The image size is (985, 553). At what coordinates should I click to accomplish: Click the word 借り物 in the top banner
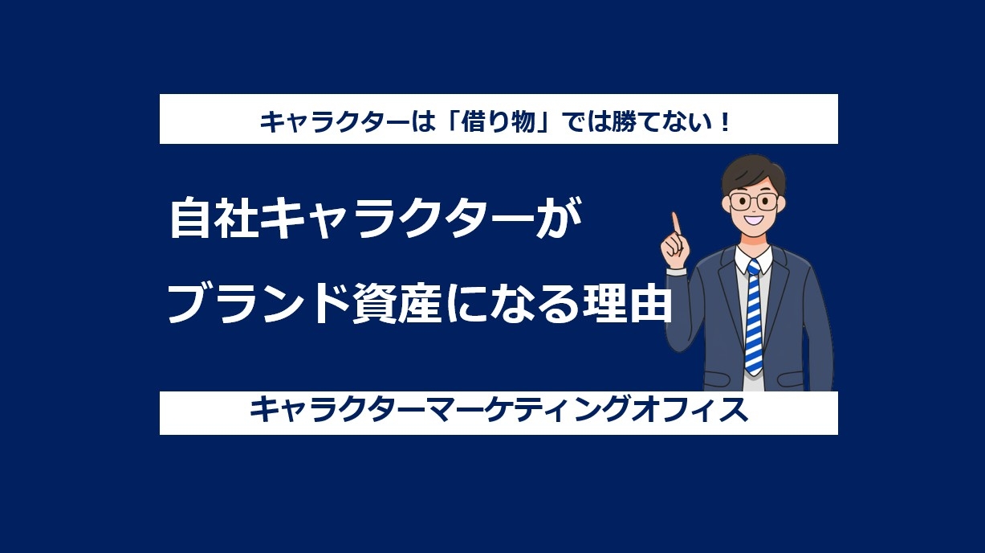coord(498,121)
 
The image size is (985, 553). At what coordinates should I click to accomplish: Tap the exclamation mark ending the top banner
coord(725,121)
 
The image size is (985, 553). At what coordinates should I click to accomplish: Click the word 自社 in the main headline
coord(214,219)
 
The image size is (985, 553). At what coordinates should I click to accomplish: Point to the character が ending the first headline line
coord(559,219)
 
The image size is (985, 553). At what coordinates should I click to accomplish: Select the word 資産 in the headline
coord(396,303)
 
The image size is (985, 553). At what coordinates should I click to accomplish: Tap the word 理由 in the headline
coord(627,303)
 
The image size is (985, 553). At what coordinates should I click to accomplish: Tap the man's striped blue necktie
coord(753,317)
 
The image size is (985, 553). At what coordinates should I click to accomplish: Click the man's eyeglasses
coord(753,202)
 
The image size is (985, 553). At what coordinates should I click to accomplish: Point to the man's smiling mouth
coord(753,219)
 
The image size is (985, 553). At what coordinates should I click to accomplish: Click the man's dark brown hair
coord(753,174)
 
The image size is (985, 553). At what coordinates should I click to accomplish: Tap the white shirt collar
coord(753,259)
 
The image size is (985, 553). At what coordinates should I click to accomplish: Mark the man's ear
coord(726,205)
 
